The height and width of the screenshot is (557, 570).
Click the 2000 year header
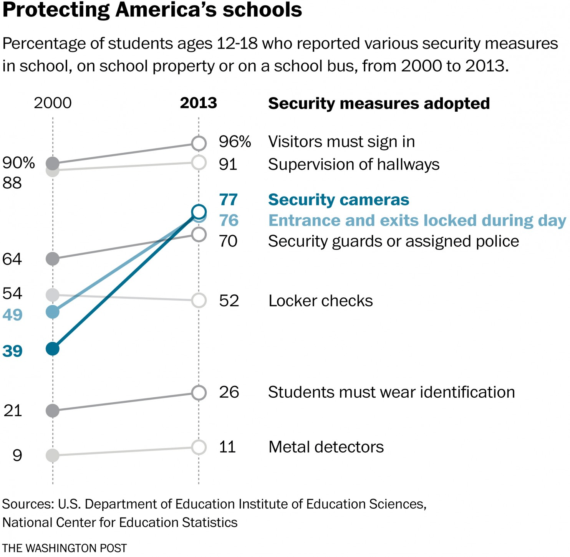click(x=53, y=103)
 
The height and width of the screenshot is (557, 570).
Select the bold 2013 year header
click(x=199, y=103)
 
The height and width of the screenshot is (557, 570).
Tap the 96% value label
click(x=235, y=142)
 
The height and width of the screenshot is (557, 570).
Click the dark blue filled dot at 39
click(x=53, y=349)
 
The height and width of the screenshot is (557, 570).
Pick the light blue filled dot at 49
click(x=53, y=312)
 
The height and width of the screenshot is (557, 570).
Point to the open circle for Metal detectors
click(x=199, y=447)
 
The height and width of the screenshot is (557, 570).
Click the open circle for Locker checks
click(x=199, y=300)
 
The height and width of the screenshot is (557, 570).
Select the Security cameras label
click(x=338, y=200)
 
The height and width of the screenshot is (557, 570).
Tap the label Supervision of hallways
click(x=353, y=164)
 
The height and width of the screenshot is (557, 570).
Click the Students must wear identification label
click(x=391, y=392)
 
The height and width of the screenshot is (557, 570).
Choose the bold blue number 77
click(x=228, y=200)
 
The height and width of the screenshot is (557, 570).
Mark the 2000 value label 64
click(x=12, y=259)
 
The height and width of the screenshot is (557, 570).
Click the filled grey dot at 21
click(x=53, y=411)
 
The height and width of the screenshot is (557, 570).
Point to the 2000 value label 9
click(x=17, y=455)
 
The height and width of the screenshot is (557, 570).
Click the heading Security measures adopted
click(x=379, y=103)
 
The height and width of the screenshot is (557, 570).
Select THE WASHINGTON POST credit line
click(x=65, y=548)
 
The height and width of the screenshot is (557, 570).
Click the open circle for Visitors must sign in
click(x=199, y=143)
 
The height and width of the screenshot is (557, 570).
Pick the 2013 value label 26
click(x=229, y=392)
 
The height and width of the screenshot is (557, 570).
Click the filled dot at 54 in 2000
click(x=53, y=295)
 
